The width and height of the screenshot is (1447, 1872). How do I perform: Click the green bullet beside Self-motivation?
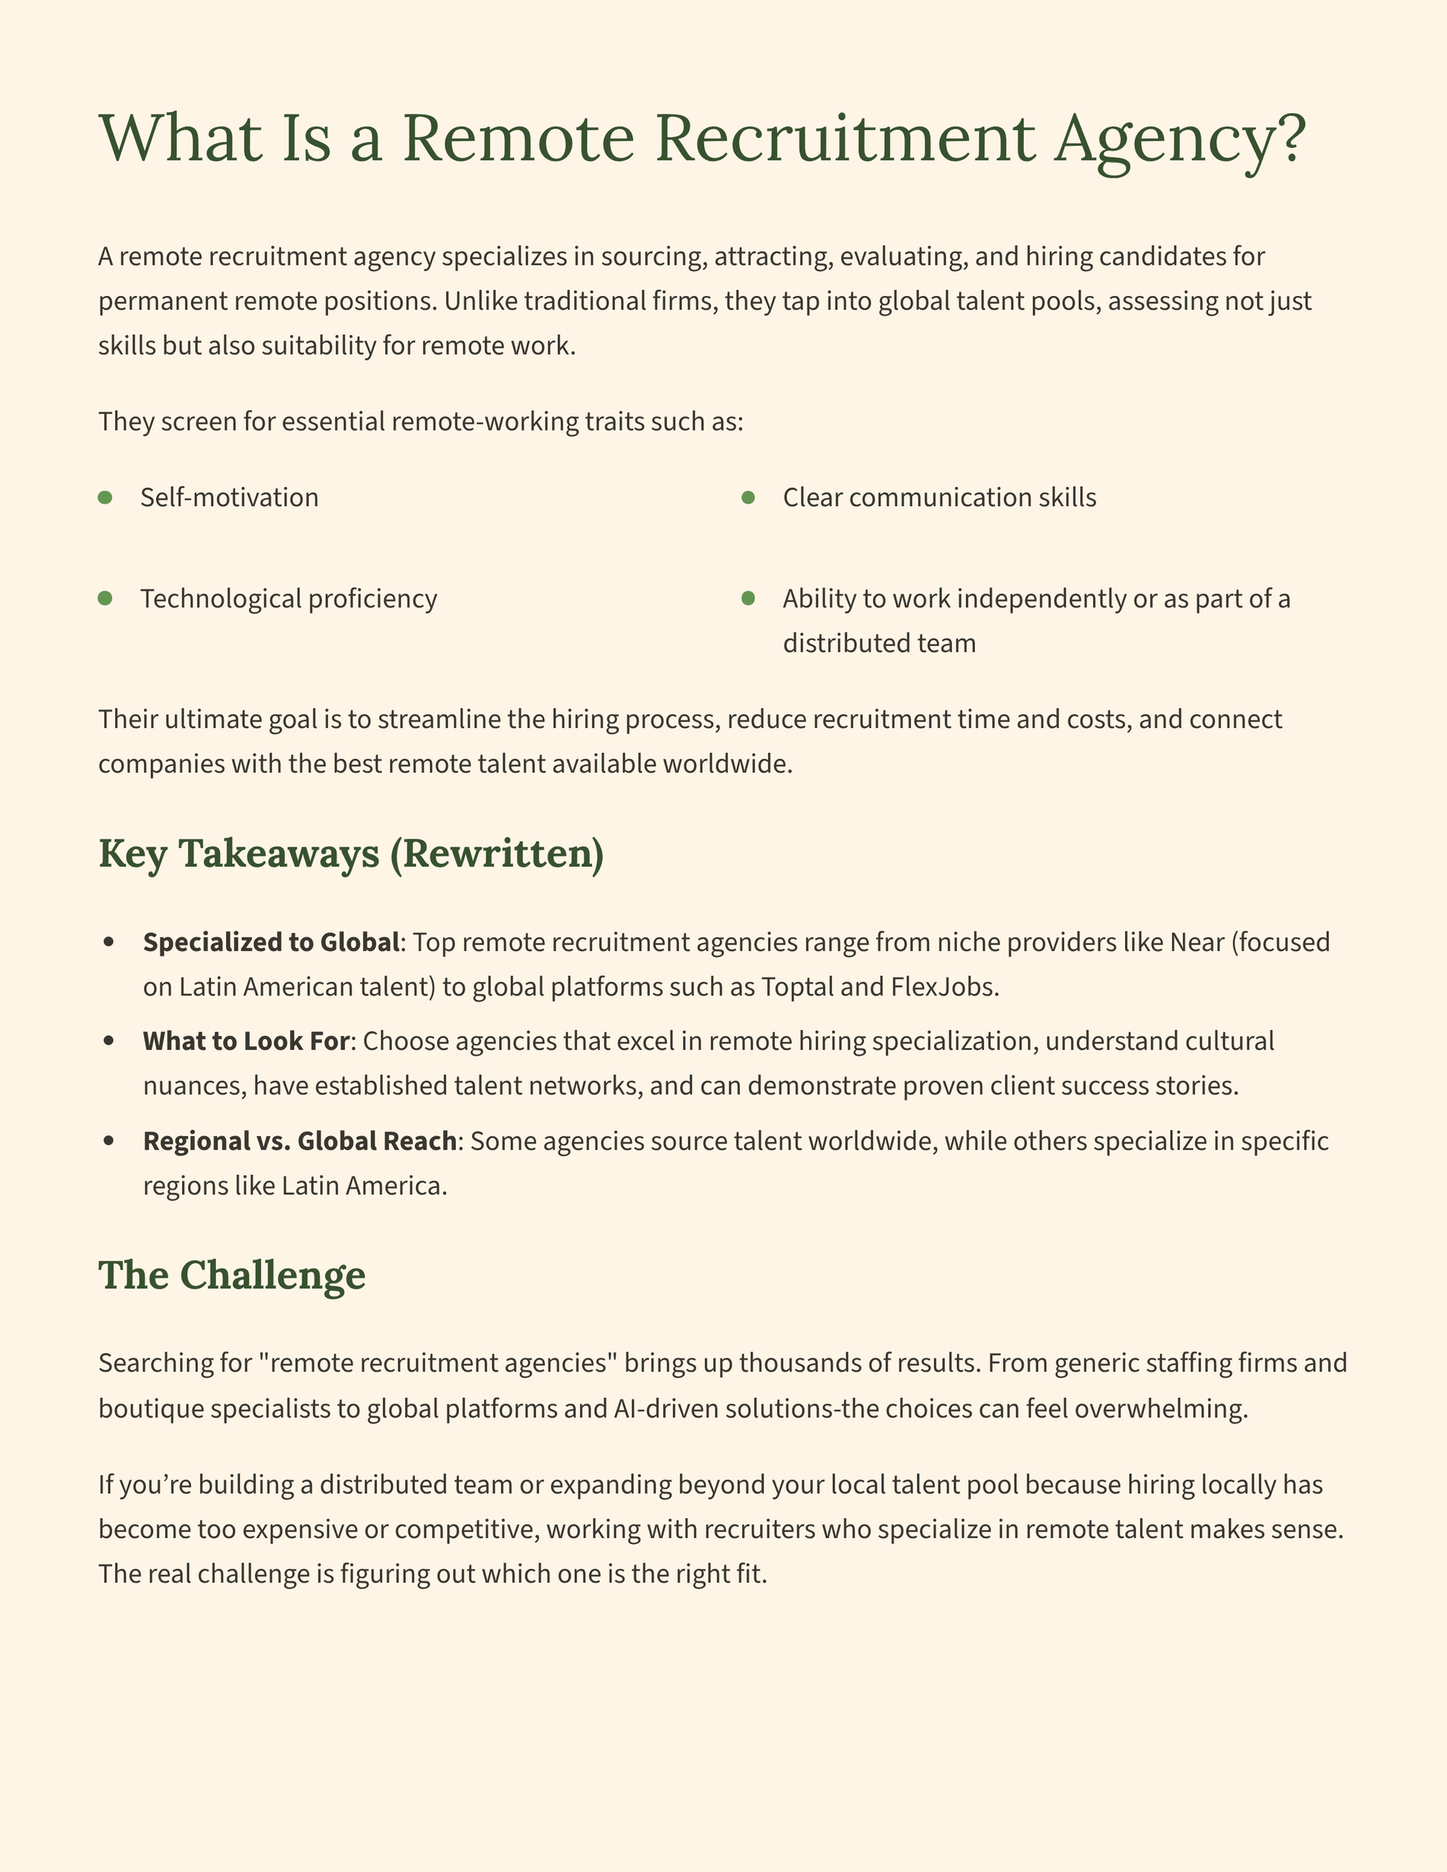[x=106, y=497]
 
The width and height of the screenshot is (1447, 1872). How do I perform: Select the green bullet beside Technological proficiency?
[x=106, y=598]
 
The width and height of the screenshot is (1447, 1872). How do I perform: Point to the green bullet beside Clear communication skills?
[x=747, y=497]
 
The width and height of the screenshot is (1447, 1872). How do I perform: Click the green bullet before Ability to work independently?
[x=747, y=598]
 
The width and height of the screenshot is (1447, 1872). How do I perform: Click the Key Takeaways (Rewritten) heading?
[x=352, y=854]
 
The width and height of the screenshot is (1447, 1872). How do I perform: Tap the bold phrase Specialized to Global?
[x=271, y=942]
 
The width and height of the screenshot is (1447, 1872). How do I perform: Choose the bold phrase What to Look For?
[x=246, y=1041]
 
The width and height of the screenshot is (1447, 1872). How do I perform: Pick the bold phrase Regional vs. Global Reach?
[x=300, y=1141]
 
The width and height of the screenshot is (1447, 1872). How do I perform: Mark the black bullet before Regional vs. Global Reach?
[x=109, y=1141]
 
